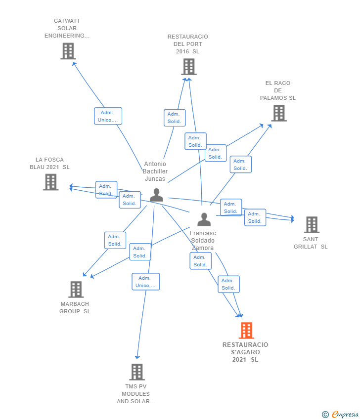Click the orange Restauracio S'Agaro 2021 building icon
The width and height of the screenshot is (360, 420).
[246, 330]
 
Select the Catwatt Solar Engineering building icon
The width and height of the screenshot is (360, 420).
[68, 51]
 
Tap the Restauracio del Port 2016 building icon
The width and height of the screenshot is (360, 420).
[188, 67]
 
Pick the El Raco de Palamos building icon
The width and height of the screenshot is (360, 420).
[278, 113]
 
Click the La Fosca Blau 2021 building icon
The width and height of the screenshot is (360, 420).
[50, 182]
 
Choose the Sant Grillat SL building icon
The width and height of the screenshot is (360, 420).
[311, 225]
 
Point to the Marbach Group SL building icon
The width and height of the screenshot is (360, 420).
[76, 290]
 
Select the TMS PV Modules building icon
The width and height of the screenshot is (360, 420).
[136, 372]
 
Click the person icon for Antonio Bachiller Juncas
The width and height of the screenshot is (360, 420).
[156, 195]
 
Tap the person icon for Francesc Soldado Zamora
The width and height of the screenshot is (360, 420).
[204, 219]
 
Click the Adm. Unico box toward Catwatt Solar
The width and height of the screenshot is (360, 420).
[108, 116]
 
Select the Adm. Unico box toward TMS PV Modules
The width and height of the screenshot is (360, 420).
[145, 282]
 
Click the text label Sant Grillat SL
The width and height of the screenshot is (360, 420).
[311, 243]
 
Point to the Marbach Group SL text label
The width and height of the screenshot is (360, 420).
[75, 308]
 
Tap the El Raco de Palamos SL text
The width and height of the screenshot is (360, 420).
[278, 90]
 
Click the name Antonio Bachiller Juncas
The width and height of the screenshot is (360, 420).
[155, 171]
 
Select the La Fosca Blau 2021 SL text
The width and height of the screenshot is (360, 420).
[49, 164]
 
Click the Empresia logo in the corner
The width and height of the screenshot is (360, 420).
[345, 415]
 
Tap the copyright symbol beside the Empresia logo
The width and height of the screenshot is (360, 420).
[325, 415]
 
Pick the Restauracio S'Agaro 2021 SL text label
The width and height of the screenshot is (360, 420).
[245, 352]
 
